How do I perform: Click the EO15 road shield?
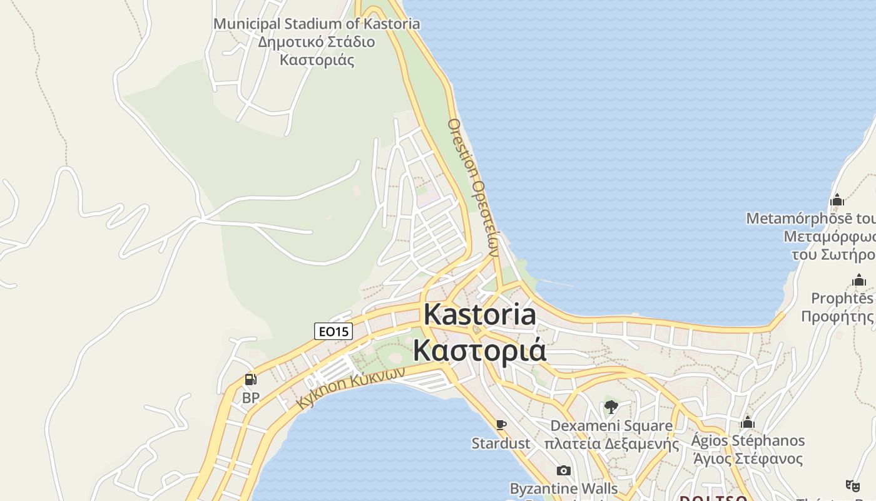coord(334,331)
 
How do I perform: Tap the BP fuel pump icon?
coord(250,380)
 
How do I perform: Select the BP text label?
coord(250,398)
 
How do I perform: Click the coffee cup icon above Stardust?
coord(501,425)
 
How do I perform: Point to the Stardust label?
coord(501,443)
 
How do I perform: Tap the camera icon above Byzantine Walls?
coord(563,470)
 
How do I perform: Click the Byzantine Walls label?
coord(564,488)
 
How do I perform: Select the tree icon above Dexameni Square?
coord(611,408)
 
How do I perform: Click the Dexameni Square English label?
coord(611,426)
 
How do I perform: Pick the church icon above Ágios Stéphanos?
coord(747,422)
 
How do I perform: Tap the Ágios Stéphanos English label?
coord(748,440)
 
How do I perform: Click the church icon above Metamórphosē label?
coord(837,200)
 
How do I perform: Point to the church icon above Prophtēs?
coord(859,280)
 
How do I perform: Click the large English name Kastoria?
coord(480,314)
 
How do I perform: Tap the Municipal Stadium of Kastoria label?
coord(317,24)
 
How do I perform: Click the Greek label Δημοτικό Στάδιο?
coord(317,42)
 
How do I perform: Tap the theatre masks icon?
coord(852,485)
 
